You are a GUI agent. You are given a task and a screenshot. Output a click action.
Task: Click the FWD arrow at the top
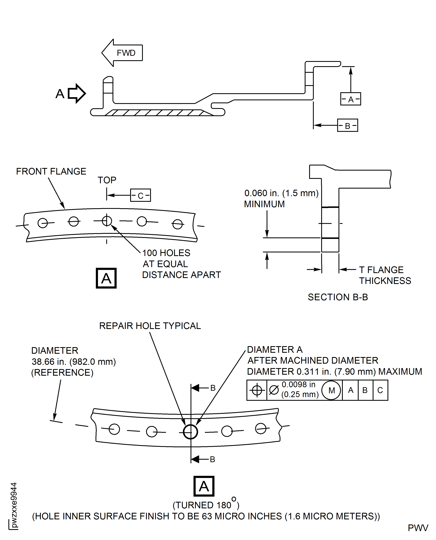(x=122, y=53)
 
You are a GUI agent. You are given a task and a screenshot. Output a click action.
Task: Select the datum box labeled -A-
(x=350, y=99)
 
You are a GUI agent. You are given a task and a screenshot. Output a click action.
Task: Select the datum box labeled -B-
(x=347, y=126)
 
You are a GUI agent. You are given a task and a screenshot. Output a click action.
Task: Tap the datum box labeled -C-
(x=140, y=195)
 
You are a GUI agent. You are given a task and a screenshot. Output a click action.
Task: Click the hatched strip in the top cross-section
(x=156, y=113)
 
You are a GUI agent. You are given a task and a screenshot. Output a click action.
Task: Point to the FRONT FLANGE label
(x=51, y=172)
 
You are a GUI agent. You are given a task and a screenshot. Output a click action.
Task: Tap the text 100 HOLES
(x=166, y=253)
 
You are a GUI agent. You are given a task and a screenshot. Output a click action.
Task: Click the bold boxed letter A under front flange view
(x=106, y=278)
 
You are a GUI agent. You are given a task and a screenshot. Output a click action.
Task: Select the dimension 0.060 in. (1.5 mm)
(x=281, y=193)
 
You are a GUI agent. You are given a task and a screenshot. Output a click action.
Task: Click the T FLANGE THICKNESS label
(x=385, y=275)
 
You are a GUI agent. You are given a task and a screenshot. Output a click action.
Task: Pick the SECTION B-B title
(x=338, y=297)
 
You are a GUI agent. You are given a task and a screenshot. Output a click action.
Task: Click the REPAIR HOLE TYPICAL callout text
(x=150, y=326)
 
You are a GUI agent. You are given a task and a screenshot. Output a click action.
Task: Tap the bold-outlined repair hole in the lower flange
(x=190, y=432)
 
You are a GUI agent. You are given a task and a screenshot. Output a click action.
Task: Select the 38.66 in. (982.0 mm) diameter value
(x=74, y=362)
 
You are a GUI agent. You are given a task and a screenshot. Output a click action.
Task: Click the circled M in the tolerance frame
(x=332, y=390)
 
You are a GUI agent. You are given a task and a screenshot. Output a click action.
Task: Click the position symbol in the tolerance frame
(x=257, y=390)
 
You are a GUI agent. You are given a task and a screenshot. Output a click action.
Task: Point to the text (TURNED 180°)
(x=206, y=505)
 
